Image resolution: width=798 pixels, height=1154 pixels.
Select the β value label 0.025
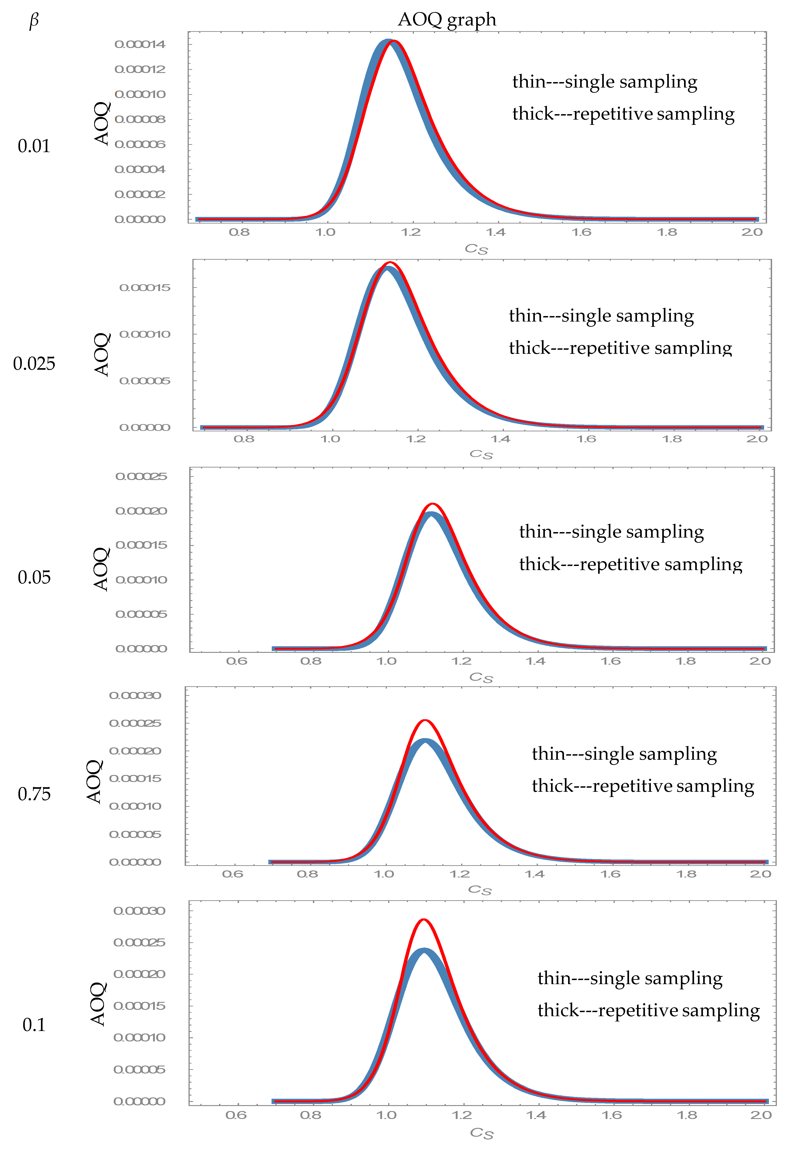34,364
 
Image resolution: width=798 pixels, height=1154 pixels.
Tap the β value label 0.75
34,794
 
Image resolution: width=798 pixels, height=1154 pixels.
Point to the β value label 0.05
34,578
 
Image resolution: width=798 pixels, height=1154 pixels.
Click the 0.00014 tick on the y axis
140,45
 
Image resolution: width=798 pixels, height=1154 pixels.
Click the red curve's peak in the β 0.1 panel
423,920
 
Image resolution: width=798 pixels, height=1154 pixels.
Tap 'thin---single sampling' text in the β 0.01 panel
604,81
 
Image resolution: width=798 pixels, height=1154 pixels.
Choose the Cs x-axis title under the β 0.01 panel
476,249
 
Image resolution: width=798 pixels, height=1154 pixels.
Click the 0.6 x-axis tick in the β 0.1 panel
236,1115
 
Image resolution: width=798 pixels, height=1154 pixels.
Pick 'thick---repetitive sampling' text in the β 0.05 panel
630,564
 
